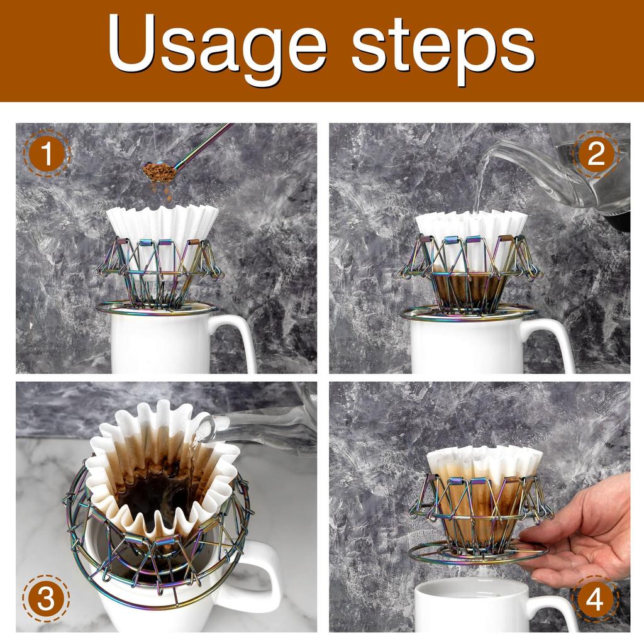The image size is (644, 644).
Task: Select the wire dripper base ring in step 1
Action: tap(157, 309)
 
